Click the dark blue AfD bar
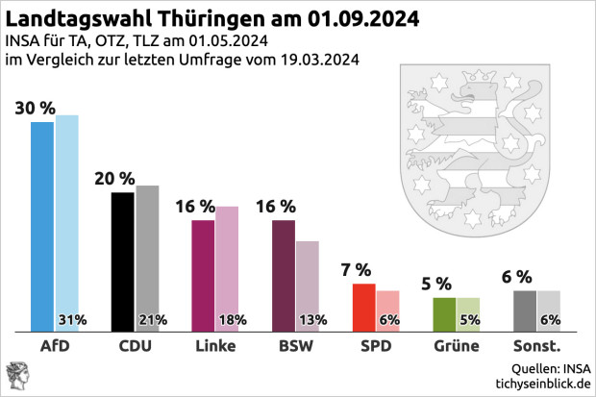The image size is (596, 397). tap(43, 227)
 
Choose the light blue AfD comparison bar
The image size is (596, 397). tap(67, 216)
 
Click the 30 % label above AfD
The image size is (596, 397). tap(35, 108)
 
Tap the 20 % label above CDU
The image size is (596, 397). tap(114, 178)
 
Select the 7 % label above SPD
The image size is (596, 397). tap(357, 269)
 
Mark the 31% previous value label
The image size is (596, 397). tap(73, 320)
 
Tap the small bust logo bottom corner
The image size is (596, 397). tap(18, 376)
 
